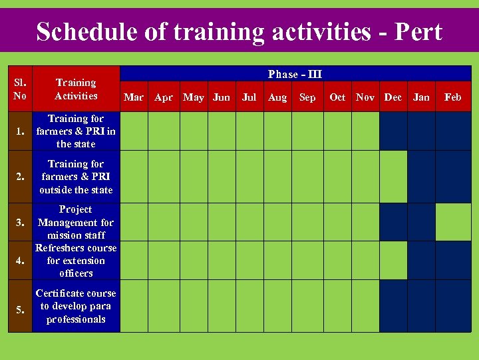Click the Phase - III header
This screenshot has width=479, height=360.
click(295, 74)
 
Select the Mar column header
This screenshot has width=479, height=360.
click(134, 97)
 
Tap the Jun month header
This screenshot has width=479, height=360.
click(222, 97)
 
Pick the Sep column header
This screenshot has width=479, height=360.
click(307, 97)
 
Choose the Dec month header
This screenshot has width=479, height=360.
click(393, 97)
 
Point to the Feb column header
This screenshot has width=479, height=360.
click(452, 97)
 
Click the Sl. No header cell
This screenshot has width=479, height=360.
click(19, 89)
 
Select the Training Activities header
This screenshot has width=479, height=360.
click(76, 89)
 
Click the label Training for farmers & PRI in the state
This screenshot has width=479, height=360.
click(76, 131)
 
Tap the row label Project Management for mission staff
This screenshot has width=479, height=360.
click(76, 222)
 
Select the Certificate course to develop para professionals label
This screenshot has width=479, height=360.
click(76, 306)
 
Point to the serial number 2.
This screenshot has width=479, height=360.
click(19, 177)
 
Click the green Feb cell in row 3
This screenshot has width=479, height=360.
click(453, 222)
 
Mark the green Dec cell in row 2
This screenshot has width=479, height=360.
click(393, 177)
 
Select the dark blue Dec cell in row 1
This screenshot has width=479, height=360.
click(393, 131)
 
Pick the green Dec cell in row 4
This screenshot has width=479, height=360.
click(393, 261)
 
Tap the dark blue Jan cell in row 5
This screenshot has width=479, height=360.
click(421, 306)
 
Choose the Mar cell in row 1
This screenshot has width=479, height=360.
click(134, 131)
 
